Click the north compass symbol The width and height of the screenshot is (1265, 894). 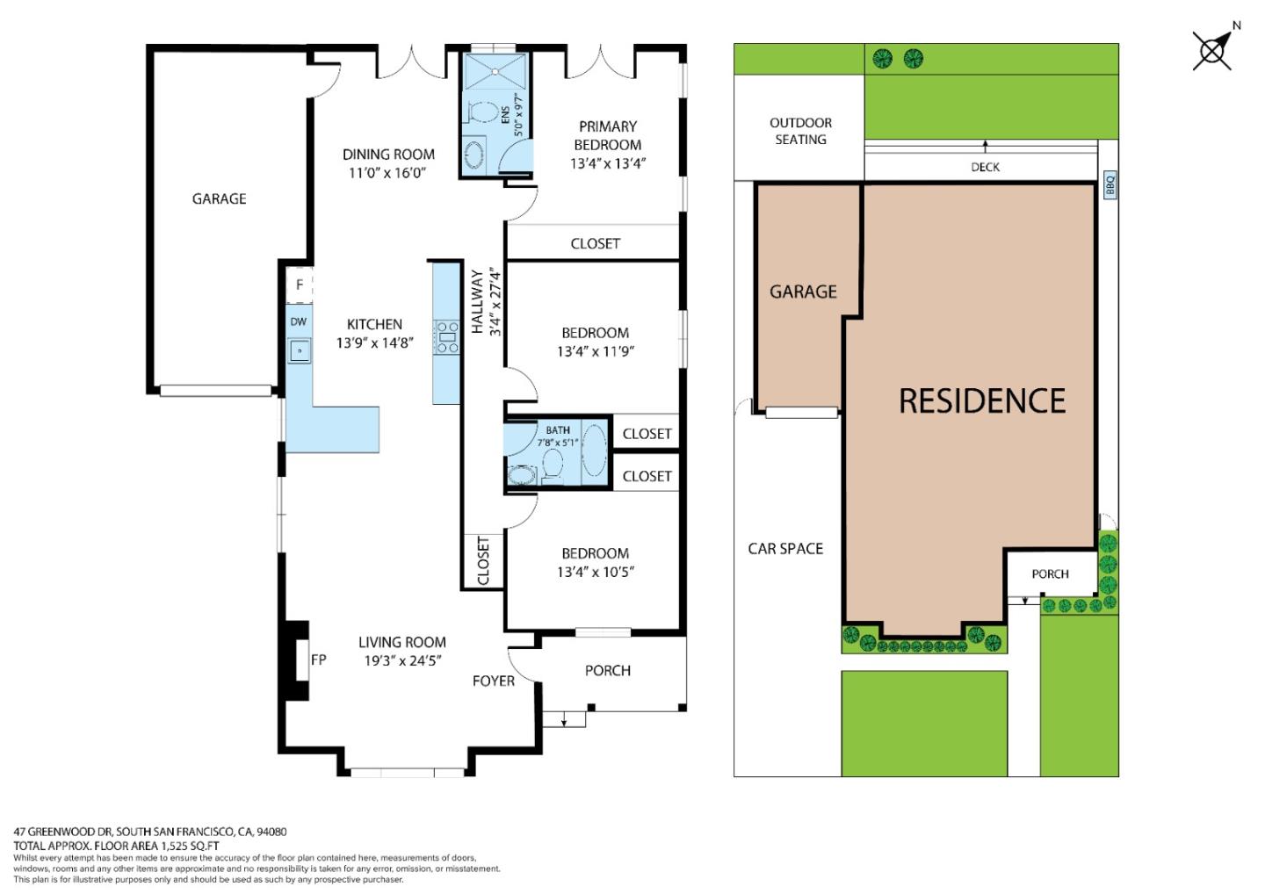point(1212,50)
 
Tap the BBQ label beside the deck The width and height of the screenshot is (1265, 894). point(1110,184)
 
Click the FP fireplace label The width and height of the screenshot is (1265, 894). point(318,660)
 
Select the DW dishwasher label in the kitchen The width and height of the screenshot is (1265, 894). point(299,322)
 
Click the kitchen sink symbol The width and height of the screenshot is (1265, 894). point(300,350)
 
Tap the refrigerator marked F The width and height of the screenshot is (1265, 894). point(300,285)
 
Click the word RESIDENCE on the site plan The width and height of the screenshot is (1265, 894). point(981,401)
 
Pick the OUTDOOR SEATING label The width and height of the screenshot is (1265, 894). point(800,131)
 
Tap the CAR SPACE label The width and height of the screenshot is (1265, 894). point(785,549)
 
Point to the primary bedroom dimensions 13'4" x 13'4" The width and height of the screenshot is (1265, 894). point(608,163)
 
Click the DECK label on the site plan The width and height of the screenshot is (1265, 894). point(985,167)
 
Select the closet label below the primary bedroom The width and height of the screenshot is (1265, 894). point(595,243)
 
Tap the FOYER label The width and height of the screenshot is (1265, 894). point(493,681)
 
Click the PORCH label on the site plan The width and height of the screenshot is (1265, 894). point(1050,574)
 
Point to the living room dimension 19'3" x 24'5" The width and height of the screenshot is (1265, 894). point(402,661)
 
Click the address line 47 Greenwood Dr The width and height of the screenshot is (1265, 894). point(149,832)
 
